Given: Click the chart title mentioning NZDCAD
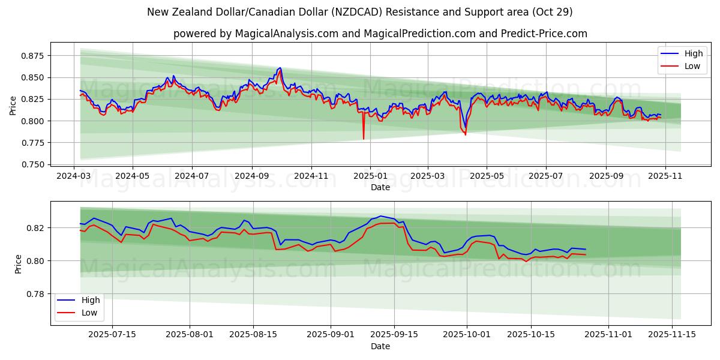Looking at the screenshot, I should [x=359, y=12].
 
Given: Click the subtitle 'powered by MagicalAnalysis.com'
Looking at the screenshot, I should [x=380, y=34].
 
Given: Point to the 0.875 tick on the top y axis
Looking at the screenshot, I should [x=32, y=56].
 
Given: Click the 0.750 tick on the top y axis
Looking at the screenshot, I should [x=32, y=164].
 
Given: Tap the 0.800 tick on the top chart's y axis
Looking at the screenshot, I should [x=32, y=121].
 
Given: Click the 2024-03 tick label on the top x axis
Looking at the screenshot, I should [x=74, y=176].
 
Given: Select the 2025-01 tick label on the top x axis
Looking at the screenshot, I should [x=370, y=176].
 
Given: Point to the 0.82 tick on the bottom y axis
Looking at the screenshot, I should [x=35, y=228].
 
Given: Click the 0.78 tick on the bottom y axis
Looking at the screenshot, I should [x=35, y=294].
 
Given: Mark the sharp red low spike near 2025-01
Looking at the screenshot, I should [x=364, y=139].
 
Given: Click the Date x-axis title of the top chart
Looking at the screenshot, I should [x=380, y=187].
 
